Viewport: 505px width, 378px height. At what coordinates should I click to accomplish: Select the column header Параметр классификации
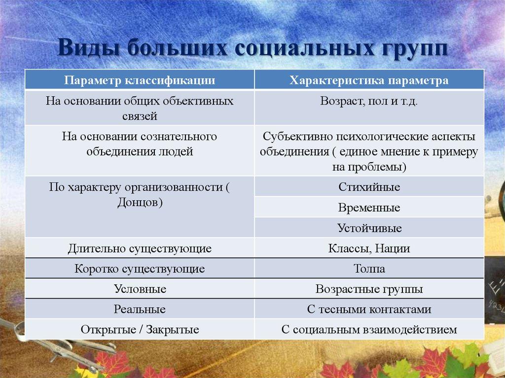(x=140, y=80)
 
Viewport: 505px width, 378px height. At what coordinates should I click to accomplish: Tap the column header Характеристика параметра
(x=369, y=80)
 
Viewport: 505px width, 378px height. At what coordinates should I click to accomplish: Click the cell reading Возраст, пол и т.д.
(x=369, y=103)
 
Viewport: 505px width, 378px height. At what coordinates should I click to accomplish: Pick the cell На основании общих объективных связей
(x=140, y=108)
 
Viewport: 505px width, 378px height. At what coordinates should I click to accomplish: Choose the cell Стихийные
(x=369, y=187)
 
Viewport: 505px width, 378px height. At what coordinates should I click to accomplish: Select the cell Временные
(x=369, y=208)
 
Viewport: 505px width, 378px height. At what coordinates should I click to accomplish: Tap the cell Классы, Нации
(x=369, y=249)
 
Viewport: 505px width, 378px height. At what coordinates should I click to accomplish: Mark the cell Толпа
(x=369, y=269)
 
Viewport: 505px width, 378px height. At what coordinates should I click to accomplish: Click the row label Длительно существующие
(x=140, y=249)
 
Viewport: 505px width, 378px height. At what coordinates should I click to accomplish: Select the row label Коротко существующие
(x=140, y=269)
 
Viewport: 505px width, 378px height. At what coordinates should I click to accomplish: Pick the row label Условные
(x=140, y=289)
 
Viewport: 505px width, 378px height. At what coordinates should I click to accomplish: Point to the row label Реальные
(x=140, y=309)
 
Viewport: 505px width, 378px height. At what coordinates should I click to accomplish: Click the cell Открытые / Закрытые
(x=140, y=330)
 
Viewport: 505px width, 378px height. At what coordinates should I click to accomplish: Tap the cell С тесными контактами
(x=369, y=309)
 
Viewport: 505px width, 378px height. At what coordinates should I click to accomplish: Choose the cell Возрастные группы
(x=369, y=289)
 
